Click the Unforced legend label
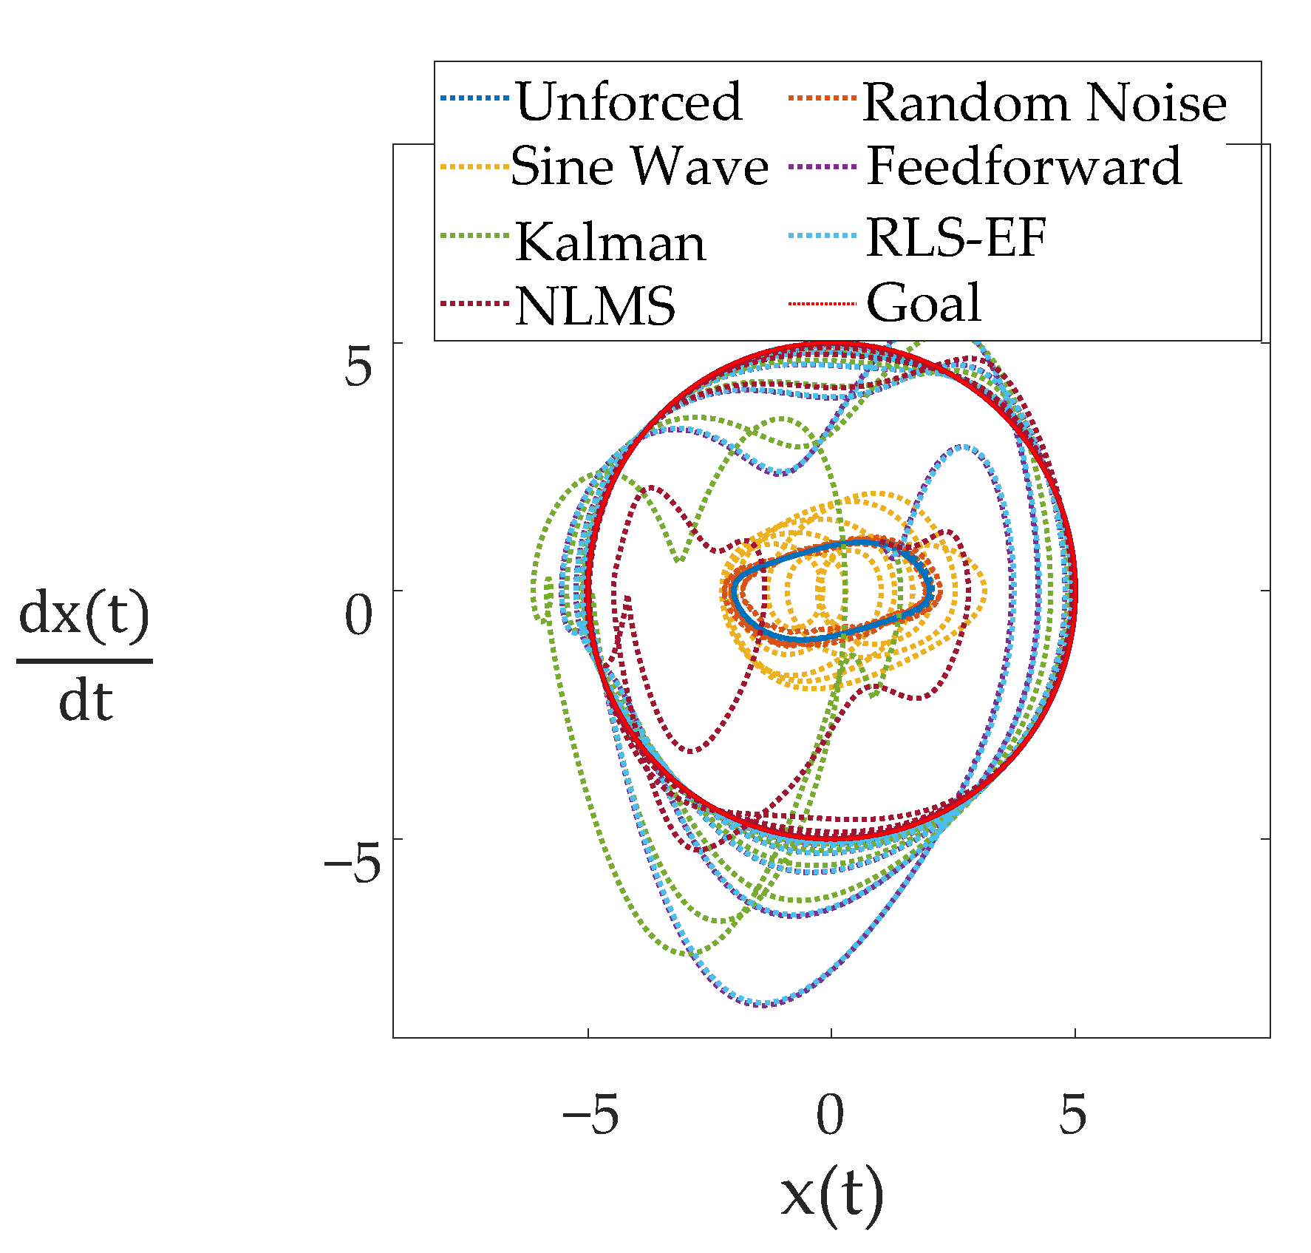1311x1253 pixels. pyautogui.click(x=628, y=102)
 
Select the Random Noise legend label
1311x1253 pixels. pyautogui.click(x=1044, y=102)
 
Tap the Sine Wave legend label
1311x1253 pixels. pyautogui.click(x=639, y=166)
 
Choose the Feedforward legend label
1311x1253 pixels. pyautogui.click(x=1024, y=166)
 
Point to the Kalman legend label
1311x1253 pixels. pyautogui.click(x=610, y=242)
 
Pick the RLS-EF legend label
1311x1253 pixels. pyautogui.click(x=956, y=238)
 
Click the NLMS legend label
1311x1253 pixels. pyautogui.click(x=596, y=305)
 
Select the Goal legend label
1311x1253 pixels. pyautogui.click(x=924, y=303)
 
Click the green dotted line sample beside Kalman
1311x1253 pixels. pyautogui.click(x=474, y=236)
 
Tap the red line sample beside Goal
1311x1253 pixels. pyautogui.click(x=822, y=304)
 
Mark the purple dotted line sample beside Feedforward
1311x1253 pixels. pyautogui.click(x=822, y=167)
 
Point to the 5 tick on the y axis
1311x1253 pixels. pyautogui.click(x=358, y=367)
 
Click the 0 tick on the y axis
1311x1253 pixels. pyautogui.click(x=358, y=616)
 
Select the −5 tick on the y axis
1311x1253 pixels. pyautogui.click(x=352, y=863)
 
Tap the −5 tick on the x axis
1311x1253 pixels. pyautogui.click(x=590, y=1115)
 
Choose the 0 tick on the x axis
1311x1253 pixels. pyautogui.click(x=830, y=1115)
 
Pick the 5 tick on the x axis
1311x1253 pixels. pyautogui.click(x=1073, y=1115)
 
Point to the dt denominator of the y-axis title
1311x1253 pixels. pyautogui.click(x=85, y=702)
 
